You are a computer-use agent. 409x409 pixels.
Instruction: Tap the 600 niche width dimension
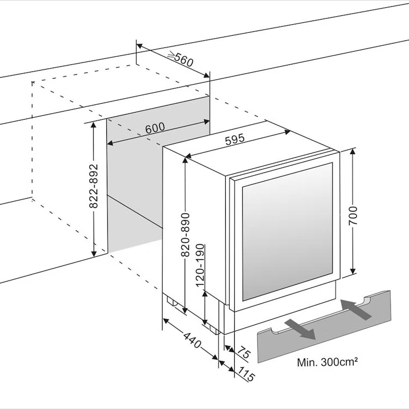point(155,128)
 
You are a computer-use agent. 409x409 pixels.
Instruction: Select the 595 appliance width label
point(235,139)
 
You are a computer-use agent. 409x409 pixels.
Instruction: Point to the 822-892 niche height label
point(94,186)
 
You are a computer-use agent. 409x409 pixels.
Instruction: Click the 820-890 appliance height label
point(185,235)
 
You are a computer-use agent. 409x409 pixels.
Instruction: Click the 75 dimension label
point(244,352)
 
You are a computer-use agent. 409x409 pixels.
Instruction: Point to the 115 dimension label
point(246,374)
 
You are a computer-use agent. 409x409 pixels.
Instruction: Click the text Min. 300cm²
point(327,362)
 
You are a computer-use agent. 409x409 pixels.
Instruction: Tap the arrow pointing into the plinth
point(356,309)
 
